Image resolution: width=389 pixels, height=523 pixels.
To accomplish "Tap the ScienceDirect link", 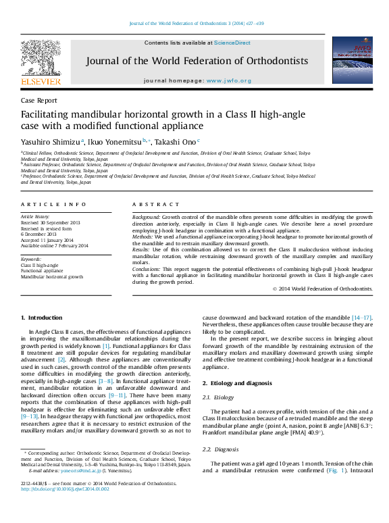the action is coord(232,43).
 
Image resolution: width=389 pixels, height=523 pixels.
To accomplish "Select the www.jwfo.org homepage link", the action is coord(228,80).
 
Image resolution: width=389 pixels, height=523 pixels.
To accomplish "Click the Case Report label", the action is coord(39,101).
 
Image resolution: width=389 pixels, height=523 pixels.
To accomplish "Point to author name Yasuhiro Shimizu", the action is coord(50,142).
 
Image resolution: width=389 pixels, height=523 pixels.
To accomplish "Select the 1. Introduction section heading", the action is coord(42,318).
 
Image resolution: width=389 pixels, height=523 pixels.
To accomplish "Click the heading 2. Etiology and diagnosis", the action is coord(237,383).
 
